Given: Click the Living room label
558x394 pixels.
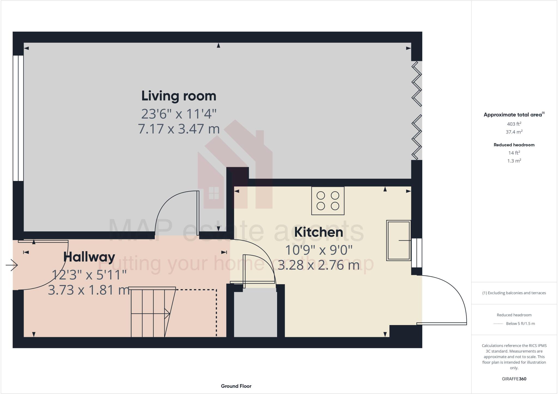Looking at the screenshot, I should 179,96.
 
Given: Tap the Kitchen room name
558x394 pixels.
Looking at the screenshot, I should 319,232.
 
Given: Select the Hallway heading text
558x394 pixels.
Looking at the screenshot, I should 89,257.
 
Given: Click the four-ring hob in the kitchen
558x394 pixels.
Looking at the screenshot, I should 328,201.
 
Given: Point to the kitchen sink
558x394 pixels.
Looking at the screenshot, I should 399,240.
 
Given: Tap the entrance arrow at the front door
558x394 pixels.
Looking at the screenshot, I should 12,265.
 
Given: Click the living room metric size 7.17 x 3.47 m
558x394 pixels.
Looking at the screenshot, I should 179,129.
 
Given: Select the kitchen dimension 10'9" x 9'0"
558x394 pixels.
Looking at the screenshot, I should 319,250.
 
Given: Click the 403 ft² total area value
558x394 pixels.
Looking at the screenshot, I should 514,124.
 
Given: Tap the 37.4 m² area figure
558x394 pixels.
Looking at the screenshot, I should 514,132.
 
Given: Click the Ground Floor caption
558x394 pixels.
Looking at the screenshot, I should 236,386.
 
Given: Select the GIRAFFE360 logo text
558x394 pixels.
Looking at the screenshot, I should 514,379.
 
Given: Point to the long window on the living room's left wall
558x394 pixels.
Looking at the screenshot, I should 18,118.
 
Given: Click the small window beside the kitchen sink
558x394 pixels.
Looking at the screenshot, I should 417,253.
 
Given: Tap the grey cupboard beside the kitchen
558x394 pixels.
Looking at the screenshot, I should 256,313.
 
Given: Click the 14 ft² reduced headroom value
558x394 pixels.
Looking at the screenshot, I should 514,153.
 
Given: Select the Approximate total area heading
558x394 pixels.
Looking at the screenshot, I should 513,115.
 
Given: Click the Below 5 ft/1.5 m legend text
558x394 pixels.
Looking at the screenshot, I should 520,324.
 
